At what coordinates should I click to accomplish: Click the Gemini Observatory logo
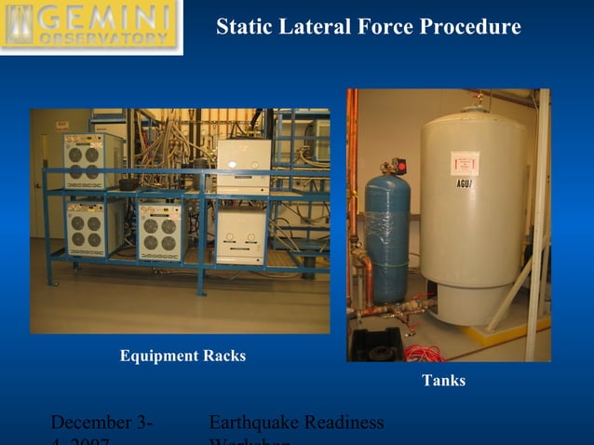tap(90, 26)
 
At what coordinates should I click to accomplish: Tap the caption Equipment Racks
tap(182, 356)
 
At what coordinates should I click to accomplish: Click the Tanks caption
tap(443, 380)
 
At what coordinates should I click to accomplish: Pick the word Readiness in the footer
tap(343, 423)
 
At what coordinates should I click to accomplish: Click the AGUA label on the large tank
tap(466, 183)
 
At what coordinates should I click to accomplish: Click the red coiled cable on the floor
tap(425, 353)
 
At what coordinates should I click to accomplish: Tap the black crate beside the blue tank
tap(377, 344)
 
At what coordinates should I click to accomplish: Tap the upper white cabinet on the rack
tap(244, 166)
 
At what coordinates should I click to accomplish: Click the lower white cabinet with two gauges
tap(241, 234)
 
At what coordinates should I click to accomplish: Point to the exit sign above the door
tap(61, 125)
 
